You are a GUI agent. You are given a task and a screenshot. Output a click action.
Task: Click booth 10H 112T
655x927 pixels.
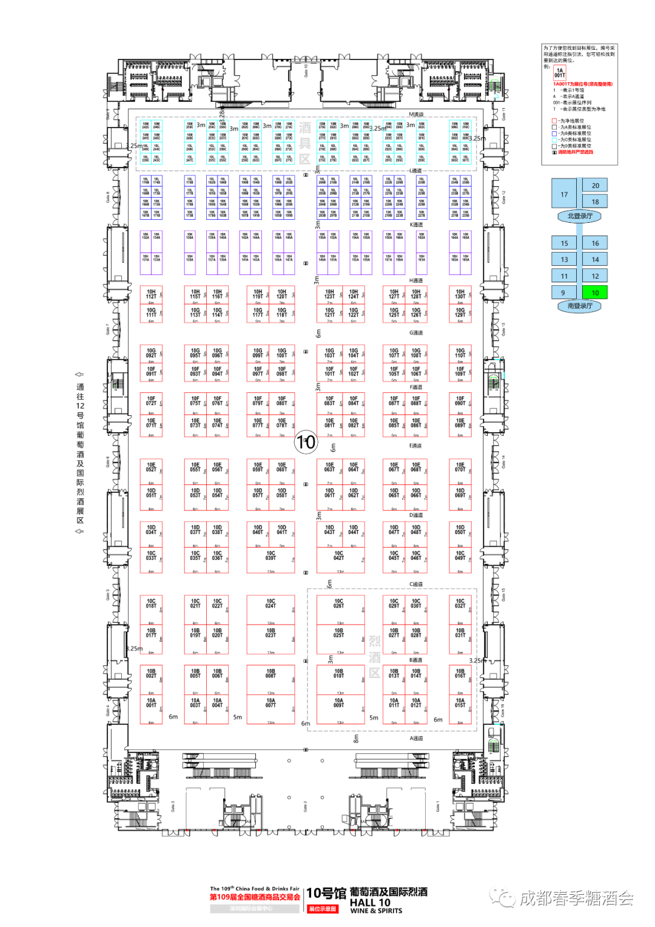point(151,294)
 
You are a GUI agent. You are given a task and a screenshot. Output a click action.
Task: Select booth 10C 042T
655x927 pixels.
point(338,556)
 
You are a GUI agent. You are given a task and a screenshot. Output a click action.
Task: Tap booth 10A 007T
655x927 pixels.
point(270,704)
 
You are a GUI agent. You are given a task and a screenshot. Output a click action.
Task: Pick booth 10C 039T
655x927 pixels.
point(270,556)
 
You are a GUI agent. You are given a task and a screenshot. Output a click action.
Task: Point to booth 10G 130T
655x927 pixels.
point(460,294)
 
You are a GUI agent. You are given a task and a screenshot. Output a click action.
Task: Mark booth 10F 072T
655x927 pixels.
point(151,401)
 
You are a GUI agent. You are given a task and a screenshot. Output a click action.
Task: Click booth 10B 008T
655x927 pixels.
point(270,674)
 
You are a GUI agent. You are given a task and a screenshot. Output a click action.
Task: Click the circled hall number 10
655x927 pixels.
point(306,442)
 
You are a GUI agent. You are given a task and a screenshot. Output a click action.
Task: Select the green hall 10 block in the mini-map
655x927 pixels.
point(595,293)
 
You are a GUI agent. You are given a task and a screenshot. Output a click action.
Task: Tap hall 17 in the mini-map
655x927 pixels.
point(564,194)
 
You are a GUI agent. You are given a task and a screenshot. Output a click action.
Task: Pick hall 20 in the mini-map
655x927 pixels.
point(595,186)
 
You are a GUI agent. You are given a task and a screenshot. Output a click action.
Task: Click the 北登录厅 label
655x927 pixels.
point(580,216)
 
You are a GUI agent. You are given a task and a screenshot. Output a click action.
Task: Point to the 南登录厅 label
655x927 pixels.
point(580,307)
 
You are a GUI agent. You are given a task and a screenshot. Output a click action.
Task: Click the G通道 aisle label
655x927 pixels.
point(416,333)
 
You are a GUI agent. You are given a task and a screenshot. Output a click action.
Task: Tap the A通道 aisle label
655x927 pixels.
point(416,738)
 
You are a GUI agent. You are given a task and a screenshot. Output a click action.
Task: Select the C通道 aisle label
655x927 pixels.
point(416,584)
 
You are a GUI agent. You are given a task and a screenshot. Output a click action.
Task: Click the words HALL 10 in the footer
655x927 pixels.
point(370,902)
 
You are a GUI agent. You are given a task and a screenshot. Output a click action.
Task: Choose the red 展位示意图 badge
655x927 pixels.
point(323,909)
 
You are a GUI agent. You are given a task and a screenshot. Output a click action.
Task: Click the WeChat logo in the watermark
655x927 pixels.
point(503,897)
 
